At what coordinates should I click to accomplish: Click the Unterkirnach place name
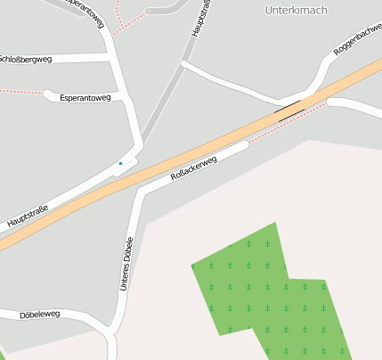(x=297, y=10)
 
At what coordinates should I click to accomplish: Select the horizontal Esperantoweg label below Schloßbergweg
(x=85, y=97)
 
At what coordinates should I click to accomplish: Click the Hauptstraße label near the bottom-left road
(x=28, y=215)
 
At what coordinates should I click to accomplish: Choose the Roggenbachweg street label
(x=356, y=42)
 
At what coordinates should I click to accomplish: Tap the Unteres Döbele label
(x=127, y=265)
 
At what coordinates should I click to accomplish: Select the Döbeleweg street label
(x=40, y=314)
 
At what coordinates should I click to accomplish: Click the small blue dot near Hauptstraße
(x=120, y=163)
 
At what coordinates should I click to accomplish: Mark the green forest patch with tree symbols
(x=267, y=290)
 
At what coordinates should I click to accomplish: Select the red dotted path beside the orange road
(x=285, y=124)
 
